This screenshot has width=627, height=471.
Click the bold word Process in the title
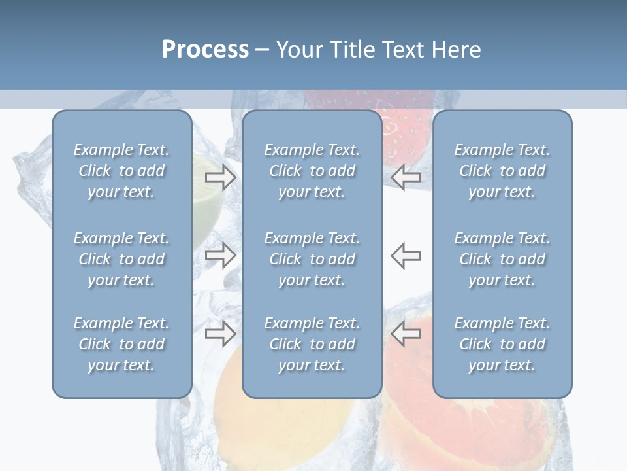tap(205, 50)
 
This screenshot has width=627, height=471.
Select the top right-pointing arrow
tap(220, 177)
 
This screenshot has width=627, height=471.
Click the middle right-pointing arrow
tap(220, 255)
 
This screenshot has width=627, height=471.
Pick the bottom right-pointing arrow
tap(220, 334)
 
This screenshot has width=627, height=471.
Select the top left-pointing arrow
tap(406, 177)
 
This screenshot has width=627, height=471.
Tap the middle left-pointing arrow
tap(406, 255)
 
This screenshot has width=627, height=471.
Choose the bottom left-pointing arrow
tap(406, 334)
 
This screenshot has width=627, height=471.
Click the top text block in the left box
tap(121, 171)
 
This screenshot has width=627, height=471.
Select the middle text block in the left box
tap(121, 259)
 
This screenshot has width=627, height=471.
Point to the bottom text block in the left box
tap(121, 344)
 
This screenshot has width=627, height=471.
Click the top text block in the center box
tap(312, 171)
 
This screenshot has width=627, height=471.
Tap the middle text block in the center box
tap(312, 259)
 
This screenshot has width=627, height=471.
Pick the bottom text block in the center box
tap(312, 344)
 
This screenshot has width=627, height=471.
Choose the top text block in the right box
tap(502, 171)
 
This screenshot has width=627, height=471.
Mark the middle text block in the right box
tap(502, 259)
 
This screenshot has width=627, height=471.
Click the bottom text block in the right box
tap(502, 344)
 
